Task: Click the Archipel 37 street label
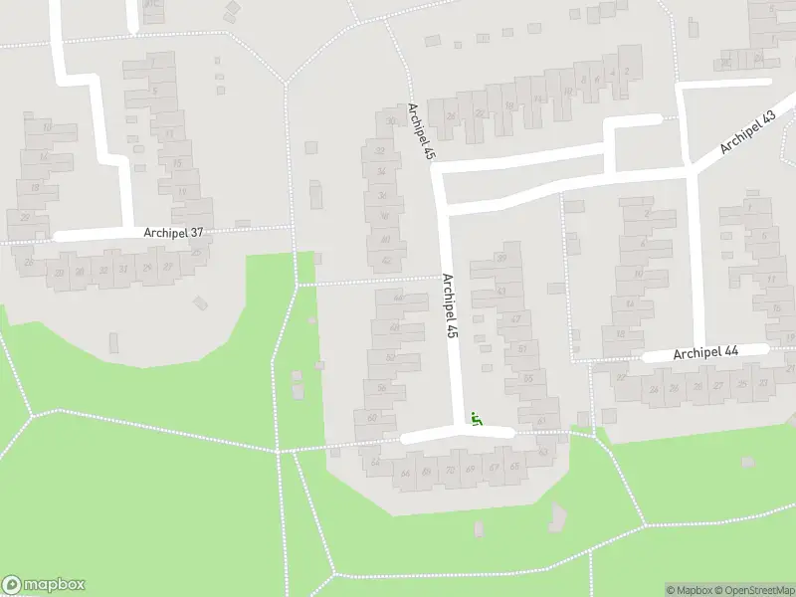175,233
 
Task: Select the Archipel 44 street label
705,353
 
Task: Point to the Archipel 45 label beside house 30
422,131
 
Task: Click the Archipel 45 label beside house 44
450,308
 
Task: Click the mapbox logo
44,585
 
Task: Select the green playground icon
477,421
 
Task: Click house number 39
501,259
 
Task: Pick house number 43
501,292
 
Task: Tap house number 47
514,319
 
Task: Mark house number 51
522,348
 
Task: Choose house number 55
528,378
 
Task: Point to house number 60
372,418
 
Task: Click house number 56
381,388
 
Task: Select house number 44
398,297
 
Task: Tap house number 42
386,262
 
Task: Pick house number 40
385,239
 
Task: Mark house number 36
382,195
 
